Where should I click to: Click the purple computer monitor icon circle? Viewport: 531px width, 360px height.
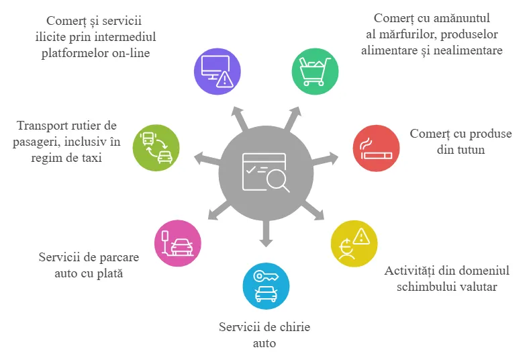point(218,71)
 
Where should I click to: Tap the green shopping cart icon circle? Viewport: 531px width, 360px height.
point(315,71)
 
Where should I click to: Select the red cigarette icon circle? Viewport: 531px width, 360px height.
point(376,148)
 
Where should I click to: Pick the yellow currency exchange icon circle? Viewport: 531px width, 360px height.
point(354,244)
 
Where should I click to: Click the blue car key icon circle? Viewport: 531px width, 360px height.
point(267,286)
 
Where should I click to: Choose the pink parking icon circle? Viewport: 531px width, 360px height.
point(178,243)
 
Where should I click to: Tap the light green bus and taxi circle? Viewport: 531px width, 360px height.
point(156,148)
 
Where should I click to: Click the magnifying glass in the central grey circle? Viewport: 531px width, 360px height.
point(278,181)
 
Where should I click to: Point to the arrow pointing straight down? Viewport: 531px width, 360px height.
point(266,233)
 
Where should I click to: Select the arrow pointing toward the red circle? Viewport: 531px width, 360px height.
point(325,159)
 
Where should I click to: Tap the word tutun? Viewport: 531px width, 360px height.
point(461,150)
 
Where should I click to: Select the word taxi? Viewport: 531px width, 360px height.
point(90,158)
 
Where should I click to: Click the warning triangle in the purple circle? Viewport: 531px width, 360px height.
point(224,79)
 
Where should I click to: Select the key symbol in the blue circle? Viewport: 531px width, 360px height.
point(267,276)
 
